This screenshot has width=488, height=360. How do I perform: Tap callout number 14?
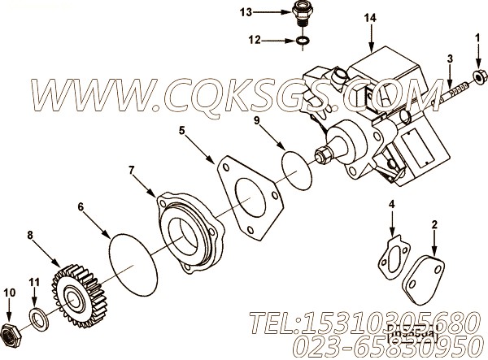(371, 17)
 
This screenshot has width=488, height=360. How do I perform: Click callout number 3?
(449, 59)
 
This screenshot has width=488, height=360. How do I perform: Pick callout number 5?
(182, 128)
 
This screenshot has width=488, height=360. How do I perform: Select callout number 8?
(30, 236)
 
